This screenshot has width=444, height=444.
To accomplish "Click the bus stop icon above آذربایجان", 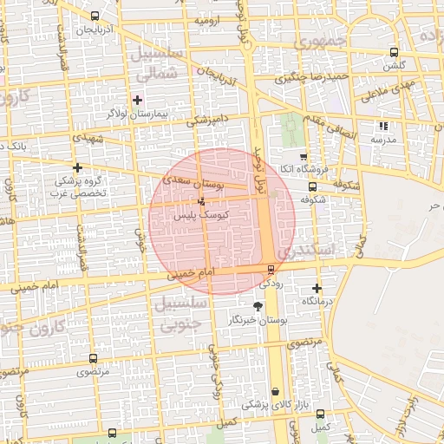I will tap(94, 16).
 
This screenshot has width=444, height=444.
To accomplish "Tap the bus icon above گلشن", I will tap(395, 52).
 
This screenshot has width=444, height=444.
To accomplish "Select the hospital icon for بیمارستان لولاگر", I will tap(137, 100).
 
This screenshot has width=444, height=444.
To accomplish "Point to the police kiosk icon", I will tap(202, 201).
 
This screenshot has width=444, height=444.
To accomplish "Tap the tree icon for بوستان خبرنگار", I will tap(257, 306).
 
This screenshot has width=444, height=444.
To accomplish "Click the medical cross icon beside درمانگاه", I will tap(317, 288).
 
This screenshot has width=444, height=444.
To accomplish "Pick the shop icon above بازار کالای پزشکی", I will tap(276, 391).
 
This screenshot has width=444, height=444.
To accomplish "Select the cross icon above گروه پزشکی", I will tap(78, 167).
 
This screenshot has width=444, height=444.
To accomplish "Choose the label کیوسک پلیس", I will tap(196, 214).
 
